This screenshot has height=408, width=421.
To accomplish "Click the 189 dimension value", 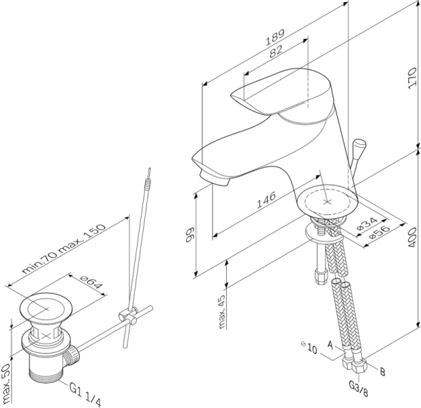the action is (275, 37).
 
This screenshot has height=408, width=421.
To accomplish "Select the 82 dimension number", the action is (276, 51).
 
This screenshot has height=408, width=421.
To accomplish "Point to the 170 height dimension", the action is (411, 79).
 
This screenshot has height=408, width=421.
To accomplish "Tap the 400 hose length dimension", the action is (412, 238).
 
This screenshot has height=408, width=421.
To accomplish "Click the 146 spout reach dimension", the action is (266, 200).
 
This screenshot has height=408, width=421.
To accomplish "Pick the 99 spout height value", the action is (190, 235).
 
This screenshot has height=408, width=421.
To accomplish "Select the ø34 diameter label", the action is (367, 224).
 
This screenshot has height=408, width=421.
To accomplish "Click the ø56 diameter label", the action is (379, 232).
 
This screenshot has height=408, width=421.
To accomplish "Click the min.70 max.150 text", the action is (63, 249).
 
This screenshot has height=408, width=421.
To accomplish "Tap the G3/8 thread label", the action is (358, 389).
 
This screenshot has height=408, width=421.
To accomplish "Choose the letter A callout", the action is (330, 345).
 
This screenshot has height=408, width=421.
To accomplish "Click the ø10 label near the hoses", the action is (309, 347).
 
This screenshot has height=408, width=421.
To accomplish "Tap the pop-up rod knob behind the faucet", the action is (359, 147).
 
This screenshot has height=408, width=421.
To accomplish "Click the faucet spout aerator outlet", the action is (214, 179).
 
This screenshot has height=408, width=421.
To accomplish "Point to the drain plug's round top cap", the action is (46, 307).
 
